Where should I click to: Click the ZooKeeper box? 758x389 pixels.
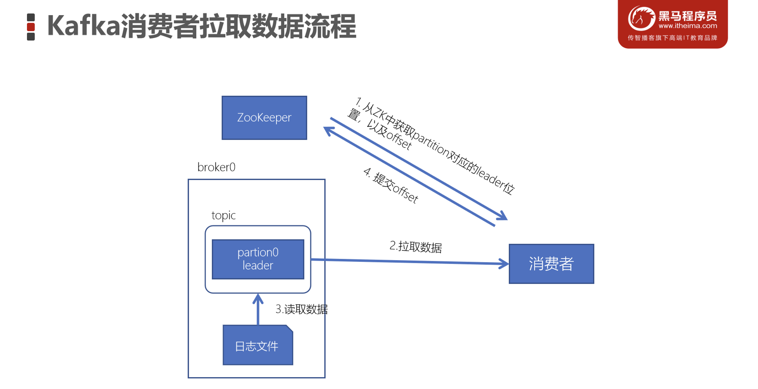pos(264,118)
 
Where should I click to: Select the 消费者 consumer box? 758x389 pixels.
pos(551,264)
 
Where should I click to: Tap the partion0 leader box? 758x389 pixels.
pos(258,259)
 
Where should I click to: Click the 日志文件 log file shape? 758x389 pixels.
pos(257,345)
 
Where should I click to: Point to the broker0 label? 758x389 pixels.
pos(216,167)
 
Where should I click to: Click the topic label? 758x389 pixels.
pos(223,215)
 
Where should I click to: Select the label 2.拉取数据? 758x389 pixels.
pos(415,247)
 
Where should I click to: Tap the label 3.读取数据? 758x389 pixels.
pos(302,309)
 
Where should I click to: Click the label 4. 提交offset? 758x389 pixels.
pos(391,185)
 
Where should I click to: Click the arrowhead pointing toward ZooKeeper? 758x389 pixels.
pos(328,131)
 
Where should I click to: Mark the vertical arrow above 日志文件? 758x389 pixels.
pos(258,309)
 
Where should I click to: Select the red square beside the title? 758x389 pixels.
pos(31,27)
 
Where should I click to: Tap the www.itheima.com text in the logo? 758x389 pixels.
pos(687,26)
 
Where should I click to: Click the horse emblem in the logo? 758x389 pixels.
pos(641,18)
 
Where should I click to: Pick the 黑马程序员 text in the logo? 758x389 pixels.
pos(687,16)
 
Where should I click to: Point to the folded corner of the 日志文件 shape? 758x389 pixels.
pos(290,328)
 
